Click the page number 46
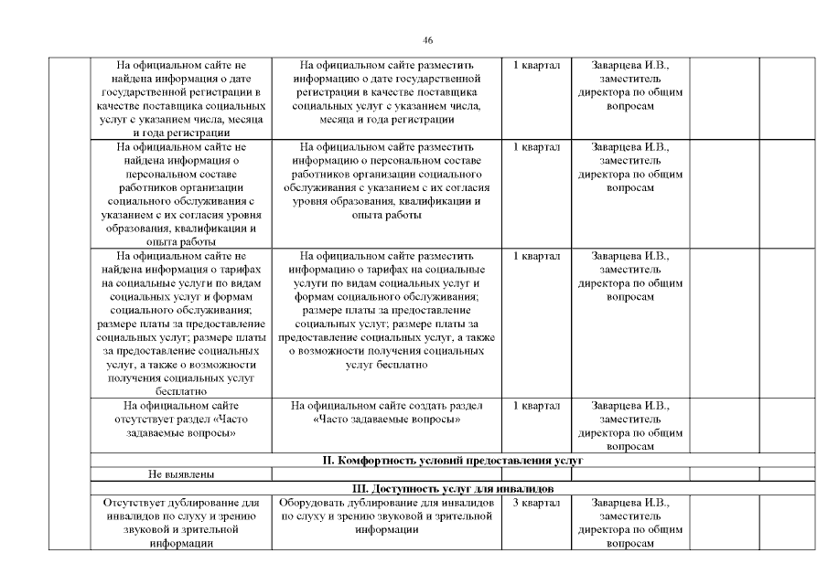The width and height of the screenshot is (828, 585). coord(427,40)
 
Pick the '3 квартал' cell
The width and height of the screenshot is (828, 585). coord(535,503)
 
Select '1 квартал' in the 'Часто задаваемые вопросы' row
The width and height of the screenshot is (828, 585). coord(535,405)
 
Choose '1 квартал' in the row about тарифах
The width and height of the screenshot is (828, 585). coord(535,256)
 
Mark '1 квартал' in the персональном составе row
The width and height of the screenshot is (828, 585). coord(535,146)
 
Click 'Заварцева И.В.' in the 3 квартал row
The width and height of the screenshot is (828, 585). coord(630,503)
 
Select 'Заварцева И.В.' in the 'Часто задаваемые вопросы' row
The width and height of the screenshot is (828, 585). coord(630,405)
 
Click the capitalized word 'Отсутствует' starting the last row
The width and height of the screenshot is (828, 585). coord(135,503)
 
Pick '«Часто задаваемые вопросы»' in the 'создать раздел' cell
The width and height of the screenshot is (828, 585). coord(386,419)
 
